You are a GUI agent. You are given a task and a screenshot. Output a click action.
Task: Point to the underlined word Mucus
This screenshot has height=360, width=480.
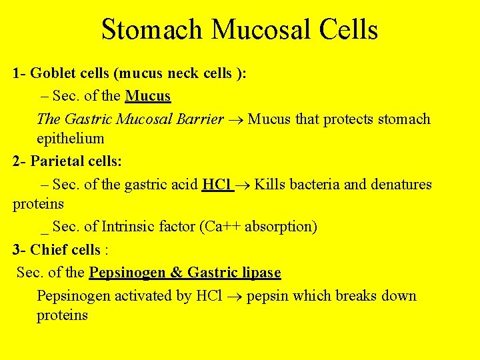(148, 96)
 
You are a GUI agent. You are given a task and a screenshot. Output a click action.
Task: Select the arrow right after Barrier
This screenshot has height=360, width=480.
(236, 120)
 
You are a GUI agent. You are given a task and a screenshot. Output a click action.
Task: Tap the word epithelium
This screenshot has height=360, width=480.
(70, 139)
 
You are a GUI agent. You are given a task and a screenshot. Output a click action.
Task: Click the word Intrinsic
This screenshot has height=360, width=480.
(128, 227)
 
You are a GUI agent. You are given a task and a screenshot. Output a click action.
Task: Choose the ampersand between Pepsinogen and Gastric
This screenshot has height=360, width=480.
(176, 273)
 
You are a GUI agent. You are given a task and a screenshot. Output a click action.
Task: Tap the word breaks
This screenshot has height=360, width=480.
(361, 296)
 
